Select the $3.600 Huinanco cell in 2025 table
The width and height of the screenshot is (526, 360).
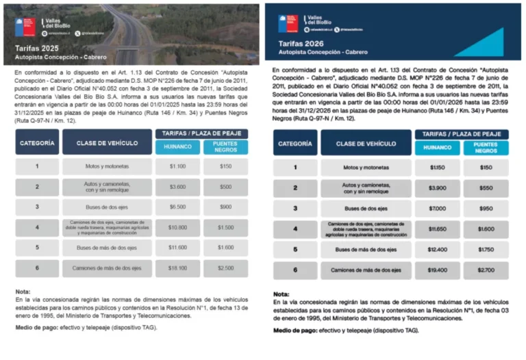click(177, 187)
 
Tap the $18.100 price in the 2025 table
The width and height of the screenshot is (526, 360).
click(177, 268)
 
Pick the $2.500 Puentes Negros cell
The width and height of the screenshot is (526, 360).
click(225, 268)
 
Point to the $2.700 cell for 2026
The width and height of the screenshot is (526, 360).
click(486, 270)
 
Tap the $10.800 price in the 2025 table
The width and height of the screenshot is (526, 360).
click(177, 227)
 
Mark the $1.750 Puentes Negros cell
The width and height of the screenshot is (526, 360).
click(486, 250)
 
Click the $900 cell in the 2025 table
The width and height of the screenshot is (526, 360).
click(225, 207)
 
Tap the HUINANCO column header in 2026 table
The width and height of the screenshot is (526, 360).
click(437, 148)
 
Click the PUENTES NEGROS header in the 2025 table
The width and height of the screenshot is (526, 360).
click(225, 147)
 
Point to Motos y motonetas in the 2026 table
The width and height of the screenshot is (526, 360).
click(364, 168)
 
